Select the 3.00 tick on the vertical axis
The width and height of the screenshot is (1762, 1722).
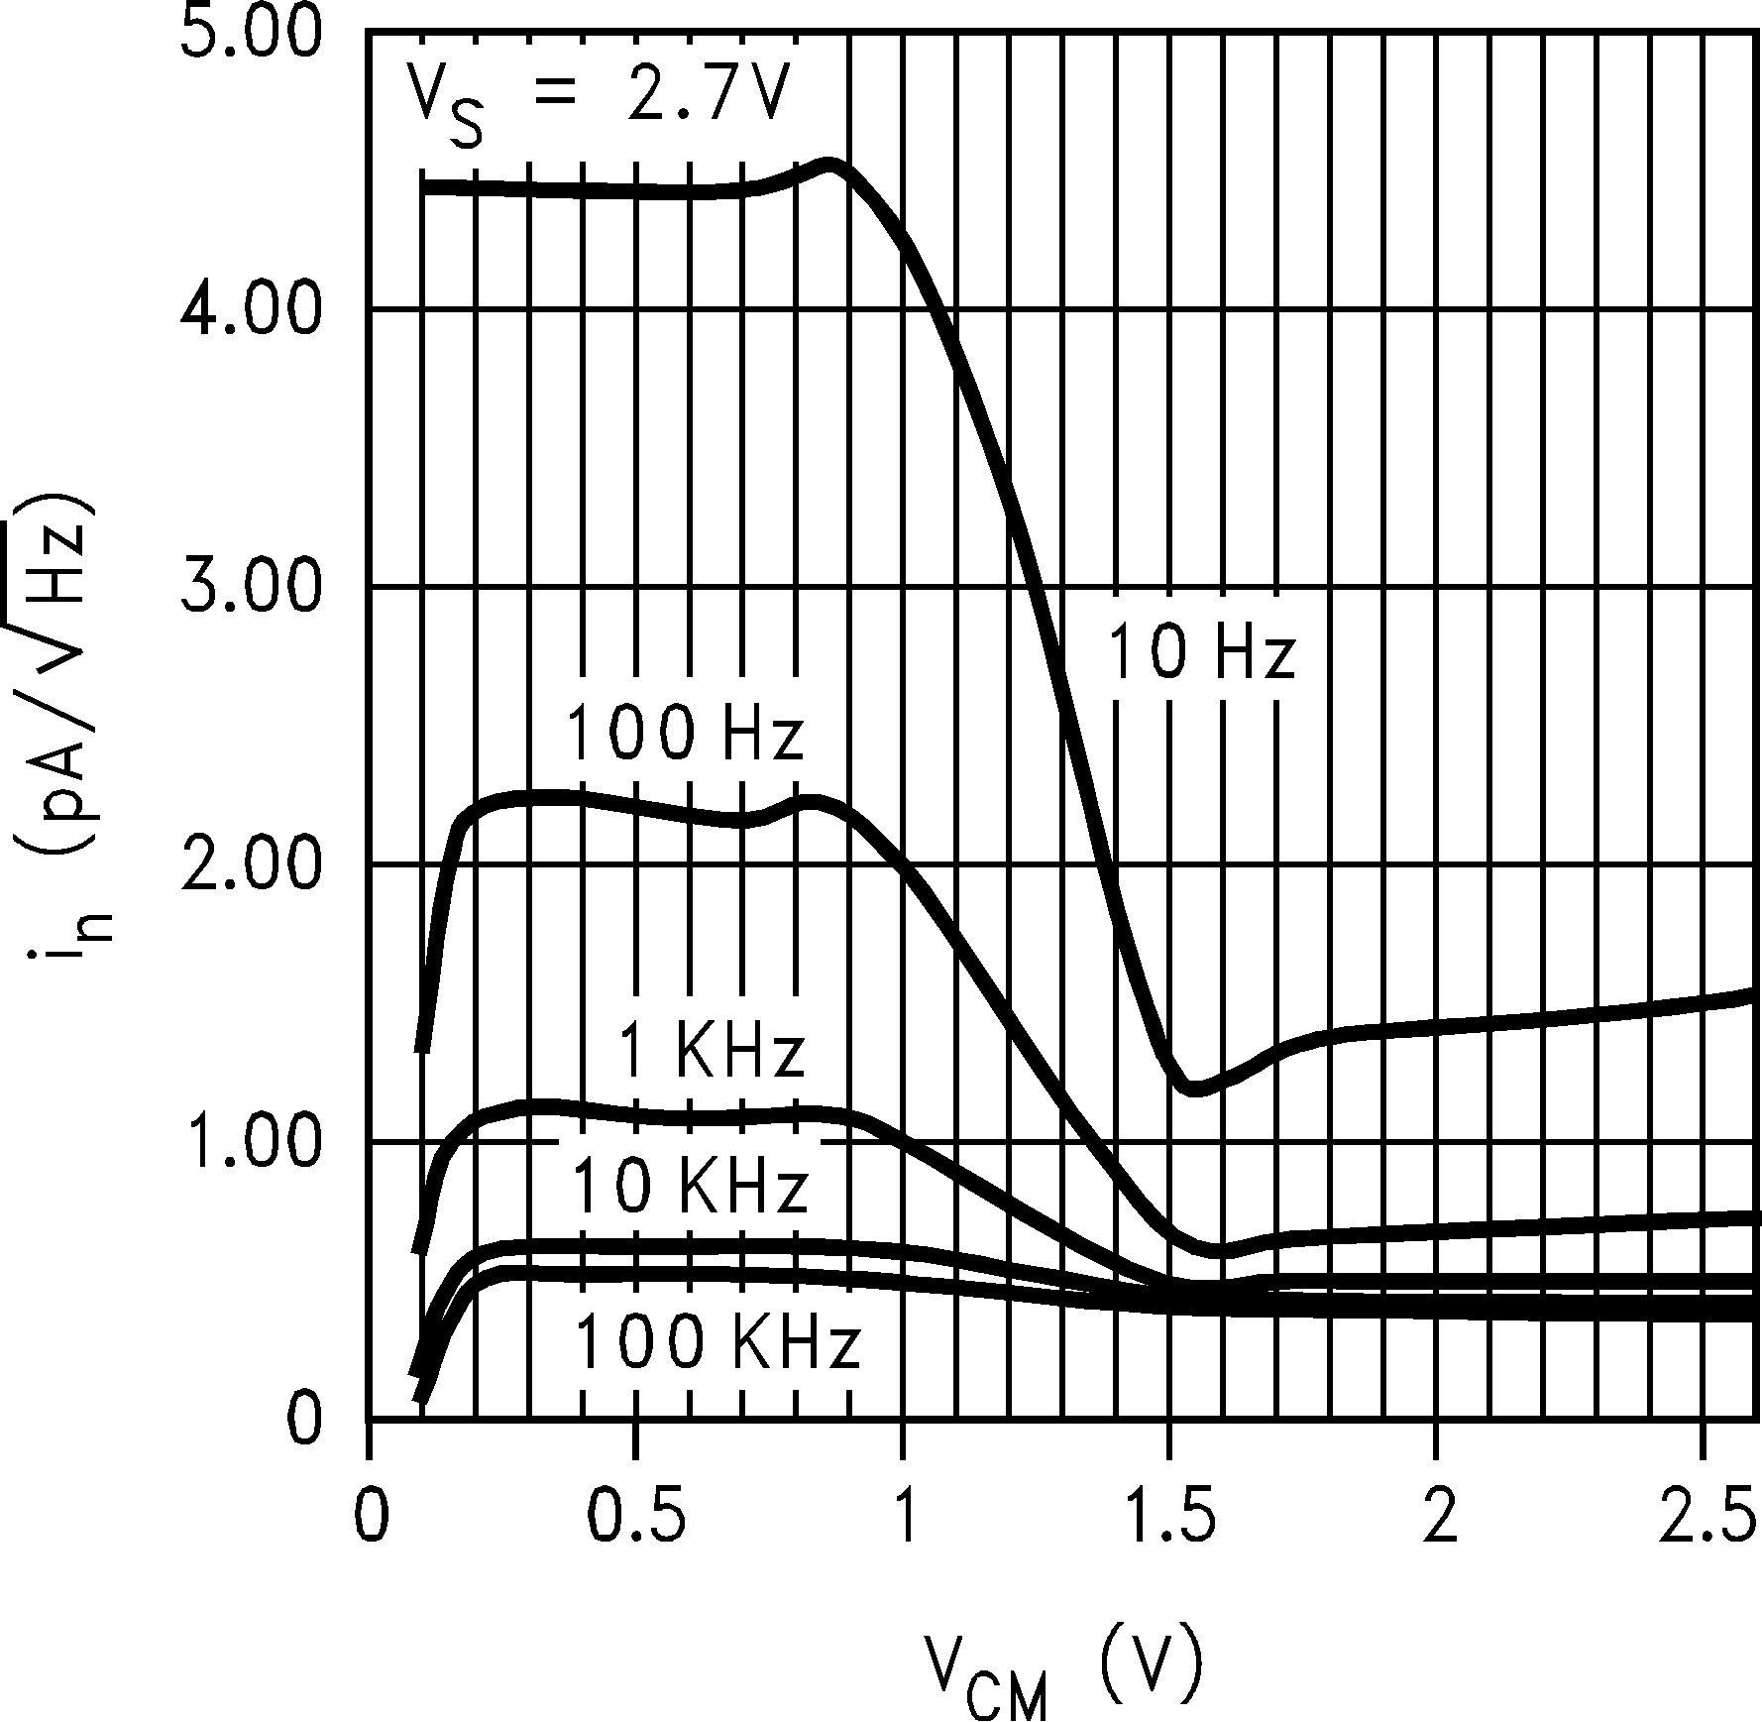coord(254,589)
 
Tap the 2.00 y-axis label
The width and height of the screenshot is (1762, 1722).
coord(254,865)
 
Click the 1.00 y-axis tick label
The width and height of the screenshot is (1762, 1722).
coord(254,1143)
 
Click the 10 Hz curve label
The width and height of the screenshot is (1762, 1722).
coord(1200,653)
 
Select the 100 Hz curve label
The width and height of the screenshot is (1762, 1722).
coord(684,735)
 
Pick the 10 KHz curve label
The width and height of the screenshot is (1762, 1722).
coord(691,1187)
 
